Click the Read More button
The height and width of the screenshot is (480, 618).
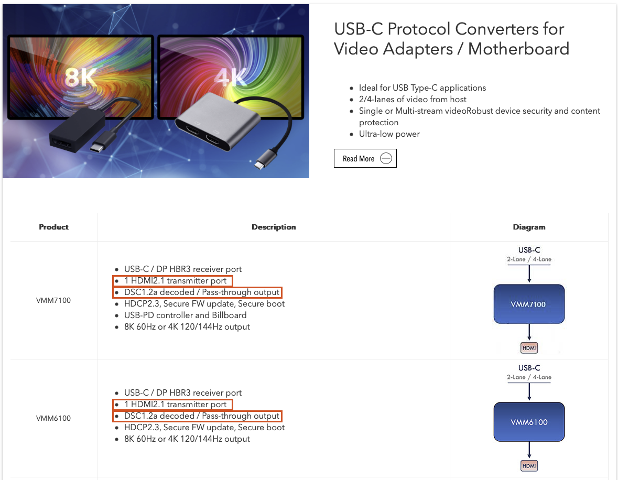[x=365, y=159]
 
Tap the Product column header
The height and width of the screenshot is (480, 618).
[x=53, y=227]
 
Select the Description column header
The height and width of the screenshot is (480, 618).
[x=274, y=227]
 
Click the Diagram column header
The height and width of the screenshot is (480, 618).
[x=529, y=227]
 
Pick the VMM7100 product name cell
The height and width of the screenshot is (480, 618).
[x=53, y=300]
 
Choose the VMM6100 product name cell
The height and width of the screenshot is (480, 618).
[x=53, y=418]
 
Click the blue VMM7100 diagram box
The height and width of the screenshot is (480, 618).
[x=529, y=304]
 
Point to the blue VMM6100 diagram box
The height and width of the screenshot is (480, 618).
[x=529, y=422]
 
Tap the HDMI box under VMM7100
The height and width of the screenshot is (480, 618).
[x=529, y=347]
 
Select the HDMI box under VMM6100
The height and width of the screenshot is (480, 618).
[x=529, y=465]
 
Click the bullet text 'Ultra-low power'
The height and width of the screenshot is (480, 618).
[x=389, y=134]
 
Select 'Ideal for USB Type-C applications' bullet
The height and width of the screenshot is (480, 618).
[x=422, y=88]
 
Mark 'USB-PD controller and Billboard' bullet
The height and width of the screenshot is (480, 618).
[x=185, y=315]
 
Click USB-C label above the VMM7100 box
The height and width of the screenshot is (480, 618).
[x=529, y=250]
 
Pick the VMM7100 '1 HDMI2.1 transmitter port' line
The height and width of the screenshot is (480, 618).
[x=175, y=281]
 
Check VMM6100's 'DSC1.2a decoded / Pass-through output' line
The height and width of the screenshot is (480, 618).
[x=201, y=416]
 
